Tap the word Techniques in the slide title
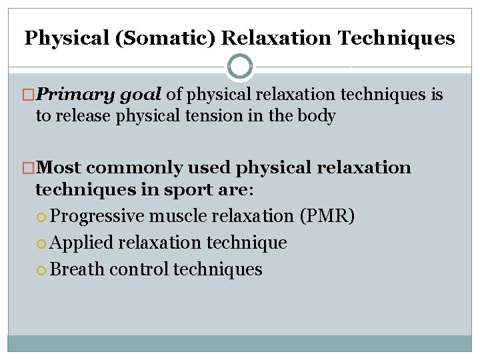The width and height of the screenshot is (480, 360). (x=397, y=38)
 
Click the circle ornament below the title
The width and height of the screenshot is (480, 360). (x=240, y=67)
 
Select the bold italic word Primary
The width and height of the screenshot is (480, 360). (x=75, y=95)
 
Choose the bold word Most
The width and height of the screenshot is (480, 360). (x=61, y=167)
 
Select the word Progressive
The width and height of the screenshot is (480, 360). (x=97, y=216)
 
